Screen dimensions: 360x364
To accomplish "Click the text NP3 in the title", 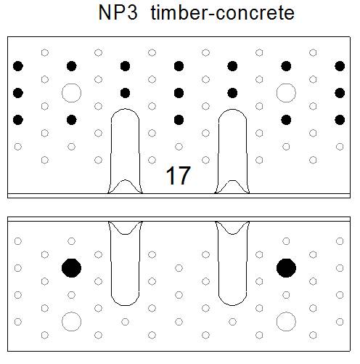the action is click(x=118, y=12).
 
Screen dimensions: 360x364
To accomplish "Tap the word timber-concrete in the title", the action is click(x=223, y=12).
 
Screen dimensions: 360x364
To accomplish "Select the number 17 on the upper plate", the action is click(x=179, y=175).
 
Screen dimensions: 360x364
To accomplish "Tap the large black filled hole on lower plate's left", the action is click(x=71, y=268).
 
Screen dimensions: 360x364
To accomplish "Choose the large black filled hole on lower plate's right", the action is click(x=286, y=268).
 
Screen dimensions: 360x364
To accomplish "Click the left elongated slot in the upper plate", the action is click(x=111, y=150).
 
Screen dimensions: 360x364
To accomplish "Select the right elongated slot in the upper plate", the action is click(x=218, y=150).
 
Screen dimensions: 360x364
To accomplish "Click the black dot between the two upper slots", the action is click(x=179, y=120).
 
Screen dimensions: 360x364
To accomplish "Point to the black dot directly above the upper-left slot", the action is click(x=125, y=93).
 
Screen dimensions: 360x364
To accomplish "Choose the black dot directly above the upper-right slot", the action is click(x=232, y=93).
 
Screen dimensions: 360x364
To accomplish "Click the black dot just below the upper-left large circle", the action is click(x=72, y=120).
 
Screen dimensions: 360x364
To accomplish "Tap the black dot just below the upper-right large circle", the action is click(x=286, y=120).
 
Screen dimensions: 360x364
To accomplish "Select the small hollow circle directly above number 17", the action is click(x=179, y=147).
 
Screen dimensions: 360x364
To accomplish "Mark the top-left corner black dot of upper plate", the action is click(x=18, y=66).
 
